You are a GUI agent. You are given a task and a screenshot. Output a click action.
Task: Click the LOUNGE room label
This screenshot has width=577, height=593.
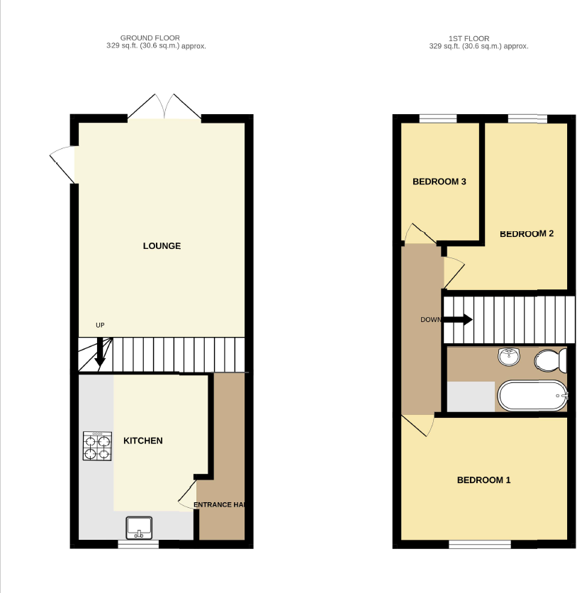[162, 246]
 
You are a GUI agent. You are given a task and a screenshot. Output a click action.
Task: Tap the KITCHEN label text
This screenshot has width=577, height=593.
[143, 440]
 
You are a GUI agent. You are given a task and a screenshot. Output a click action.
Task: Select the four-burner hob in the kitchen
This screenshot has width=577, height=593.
[98, 446]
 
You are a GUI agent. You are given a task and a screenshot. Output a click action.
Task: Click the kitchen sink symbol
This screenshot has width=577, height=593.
[140, 528]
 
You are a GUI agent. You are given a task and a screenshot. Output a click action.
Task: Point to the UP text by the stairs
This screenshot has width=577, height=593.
[100, 325]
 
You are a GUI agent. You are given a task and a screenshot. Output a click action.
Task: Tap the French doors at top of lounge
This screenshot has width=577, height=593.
[164, 108]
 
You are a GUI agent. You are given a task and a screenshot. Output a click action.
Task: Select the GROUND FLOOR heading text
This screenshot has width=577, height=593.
[150, 38]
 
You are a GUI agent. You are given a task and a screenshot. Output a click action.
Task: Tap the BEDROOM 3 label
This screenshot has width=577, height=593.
[439, 182]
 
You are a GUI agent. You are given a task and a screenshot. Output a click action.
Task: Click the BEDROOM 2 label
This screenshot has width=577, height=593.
[527, 233]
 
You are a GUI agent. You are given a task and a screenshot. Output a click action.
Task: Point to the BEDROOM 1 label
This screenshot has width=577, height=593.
[483, 480]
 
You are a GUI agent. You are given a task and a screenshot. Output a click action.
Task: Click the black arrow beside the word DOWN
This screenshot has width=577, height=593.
[458, 319]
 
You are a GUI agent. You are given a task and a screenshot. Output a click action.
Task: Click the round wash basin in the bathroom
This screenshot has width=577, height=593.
[508, 358]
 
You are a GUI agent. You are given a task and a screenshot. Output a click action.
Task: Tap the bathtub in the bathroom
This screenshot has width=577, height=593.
[532, 396]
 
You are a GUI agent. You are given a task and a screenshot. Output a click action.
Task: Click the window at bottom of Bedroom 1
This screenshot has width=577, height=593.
[480, 544]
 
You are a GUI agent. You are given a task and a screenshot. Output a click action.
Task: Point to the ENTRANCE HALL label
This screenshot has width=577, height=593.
[220, 505]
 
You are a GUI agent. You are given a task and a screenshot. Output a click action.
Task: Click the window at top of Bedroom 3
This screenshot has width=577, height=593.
[437, 118]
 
